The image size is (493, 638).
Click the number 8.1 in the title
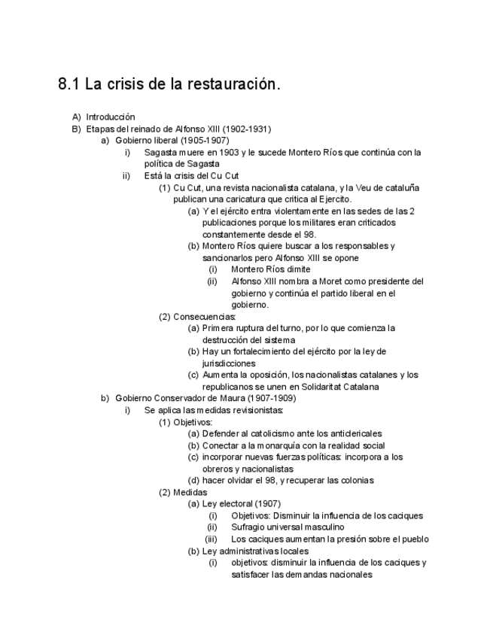69,84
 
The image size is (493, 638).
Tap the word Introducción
111,117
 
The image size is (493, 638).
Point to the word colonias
356,480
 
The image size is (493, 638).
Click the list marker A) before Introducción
76,117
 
